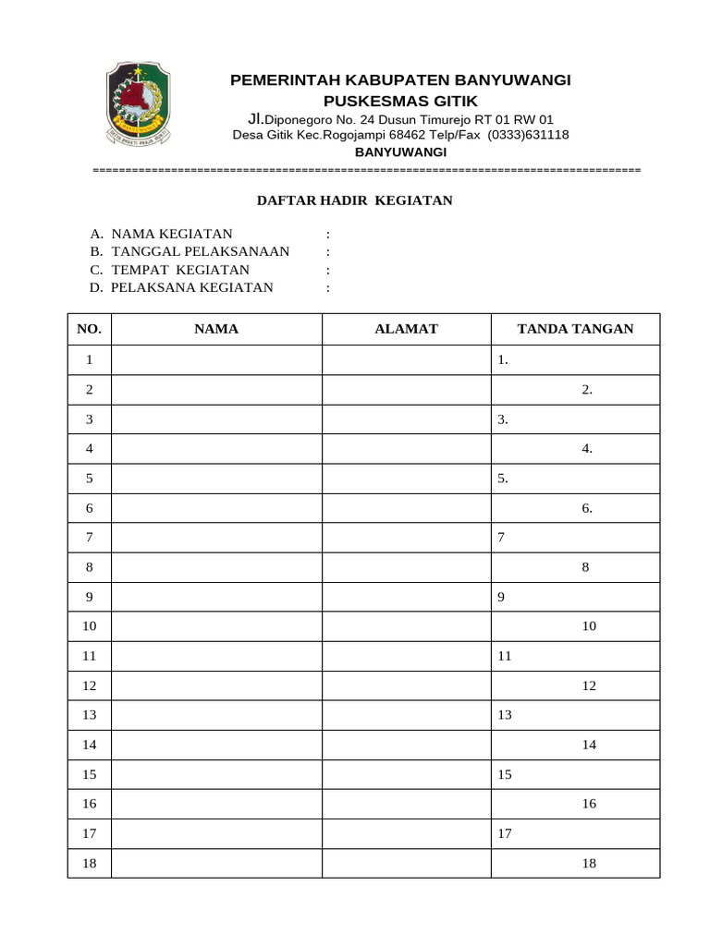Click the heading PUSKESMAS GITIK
click(x=400, y=100)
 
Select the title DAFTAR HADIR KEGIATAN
click(x=354, y=200)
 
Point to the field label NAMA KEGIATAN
click(x=171, y=234)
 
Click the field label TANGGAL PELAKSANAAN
click(x=200, y=251)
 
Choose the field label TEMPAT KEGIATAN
click(x=180, y=270)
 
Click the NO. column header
click(x=90, y=329)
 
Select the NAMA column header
click(x=216, y=329)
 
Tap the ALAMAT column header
click(x=406, y=329)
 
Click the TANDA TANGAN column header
click(x=575, y=329)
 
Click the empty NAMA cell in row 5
click(x=216, y=479)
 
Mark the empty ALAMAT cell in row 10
click(x=406, y=626)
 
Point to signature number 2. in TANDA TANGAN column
click(x=587, y=390)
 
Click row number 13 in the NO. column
click(x=90, y=715)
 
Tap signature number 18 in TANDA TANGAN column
click(x=589, y=863)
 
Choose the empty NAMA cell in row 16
click(x=216, y=804)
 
